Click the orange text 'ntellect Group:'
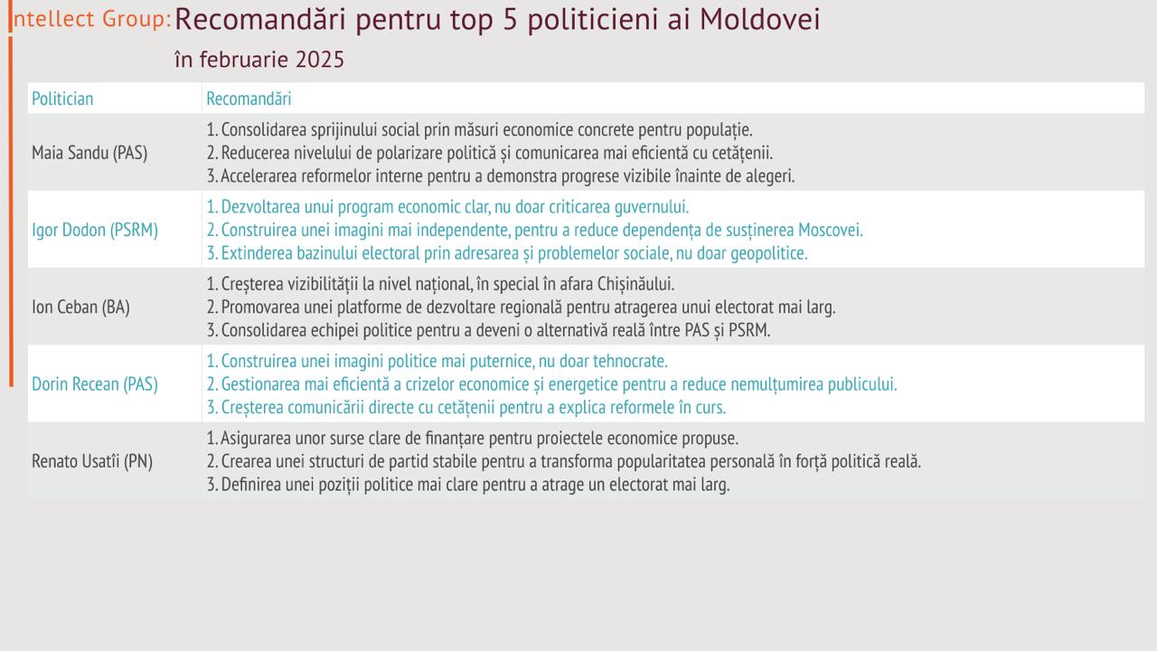coord(92,19)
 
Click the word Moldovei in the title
coord(760,20)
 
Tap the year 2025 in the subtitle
coord(320,60)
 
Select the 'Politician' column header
coord(62,99)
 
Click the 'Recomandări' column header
coord(249,99)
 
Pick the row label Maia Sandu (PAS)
coord(89,153)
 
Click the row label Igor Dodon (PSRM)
coord(95,230)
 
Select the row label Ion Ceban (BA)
coord(80,307)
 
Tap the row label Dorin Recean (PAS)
coord(95,384)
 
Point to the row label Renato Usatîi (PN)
coord(92,461)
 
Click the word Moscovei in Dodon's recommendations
coord(831,230)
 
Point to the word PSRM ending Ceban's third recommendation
coord(749,330)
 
